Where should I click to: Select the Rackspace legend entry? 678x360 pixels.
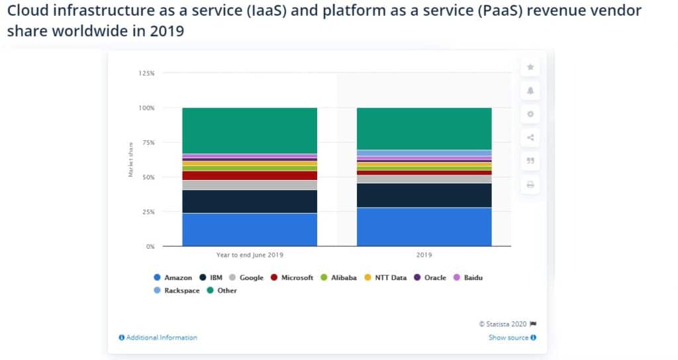point(176,291)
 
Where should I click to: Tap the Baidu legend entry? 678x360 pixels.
point(467,278)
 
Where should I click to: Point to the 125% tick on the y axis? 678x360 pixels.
point(146,73)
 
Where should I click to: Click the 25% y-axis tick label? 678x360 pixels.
point(148,212)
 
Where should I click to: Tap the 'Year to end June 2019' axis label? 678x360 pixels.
point(250,254)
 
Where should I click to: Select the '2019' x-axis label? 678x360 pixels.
point(424,254)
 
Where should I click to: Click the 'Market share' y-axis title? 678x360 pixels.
point(130,159)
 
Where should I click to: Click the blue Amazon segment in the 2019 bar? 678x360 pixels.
point(424,227)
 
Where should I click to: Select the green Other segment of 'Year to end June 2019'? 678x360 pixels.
point(250,130)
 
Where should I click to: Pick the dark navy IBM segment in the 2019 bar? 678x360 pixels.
point(424,195)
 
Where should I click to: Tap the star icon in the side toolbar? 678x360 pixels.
point(530,67)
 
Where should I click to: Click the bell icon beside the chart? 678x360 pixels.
point(530,90)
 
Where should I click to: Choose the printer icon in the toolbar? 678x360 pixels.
point(530,185)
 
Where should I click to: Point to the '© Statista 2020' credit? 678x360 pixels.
point(503,324)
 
